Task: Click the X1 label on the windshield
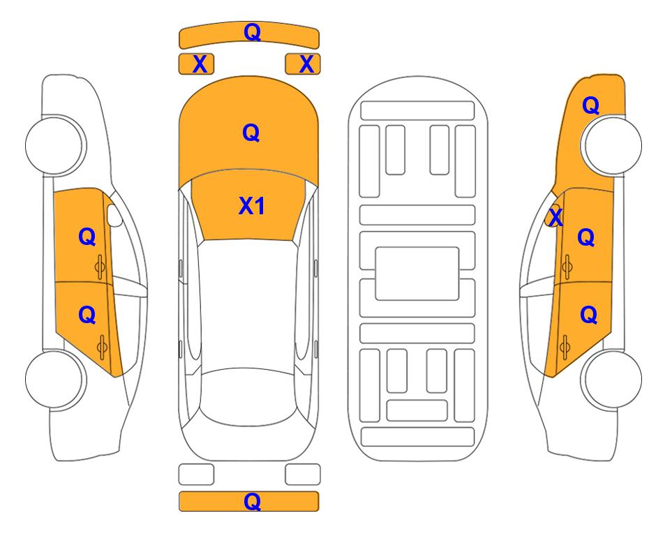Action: click(x=252, y=206)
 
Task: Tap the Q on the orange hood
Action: click(x=251, y=133)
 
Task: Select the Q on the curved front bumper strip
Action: click(x=253, y=32)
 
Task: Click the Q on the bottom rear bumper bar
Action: click(x=253, y=501)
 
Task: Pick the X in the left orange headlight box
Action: click(x=200, y=64)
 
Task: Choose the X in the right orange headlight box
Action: click(x=306, y=64)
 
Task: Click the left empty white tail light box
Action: click(x=196, y=475)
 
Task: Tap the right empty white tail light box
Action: click(x=303, y=475)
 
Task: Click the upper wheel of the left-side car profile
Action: click(x=55, y=145)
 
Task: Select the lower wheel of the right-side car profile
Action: click(x=612, y=379)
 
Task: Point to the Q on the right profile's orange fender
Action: click(x=590, y=105)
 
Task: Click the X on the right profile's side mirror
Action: click(x=555, y=216)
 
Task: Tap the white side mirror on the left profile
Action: click(x=114, y=215)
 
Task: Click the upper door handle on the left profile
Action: click(x=100, y=267)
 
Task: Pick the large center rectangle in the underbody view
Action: click(x=417, y=274)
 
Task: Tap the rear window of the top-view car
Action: click(x=248, y=396)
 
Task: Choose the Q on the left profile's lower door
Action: click(x=87, y=315)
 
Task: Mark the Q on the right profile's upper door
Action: click(x=586, y=237)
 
